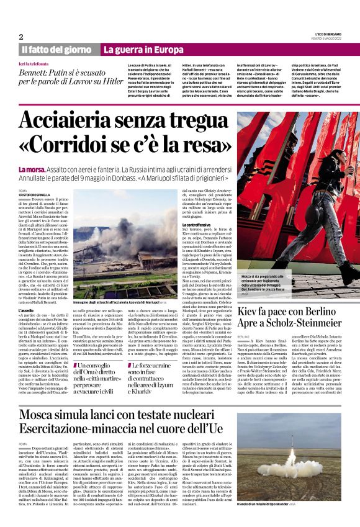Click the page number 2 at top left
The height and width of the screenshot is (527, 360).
click(21, 37)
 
